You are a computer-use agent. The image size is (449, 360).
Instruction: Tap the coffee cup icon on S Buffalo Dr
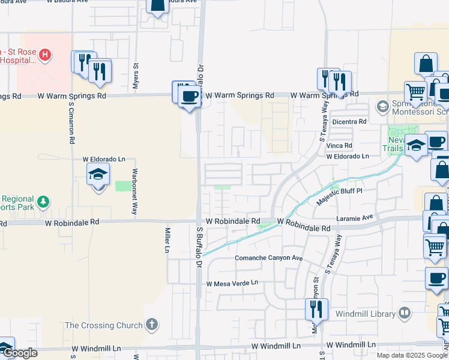coord(190,95)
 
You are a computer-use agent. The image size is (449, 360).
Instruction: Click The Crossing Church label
coord(104,325)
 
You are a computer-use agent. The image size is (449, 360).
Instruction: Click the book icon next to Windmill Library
coord(405,313)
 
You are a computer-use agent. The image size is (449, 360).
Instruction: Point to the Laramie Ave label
coord(355,217)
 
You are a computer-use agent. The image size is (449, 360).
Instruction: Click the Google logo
coord(21,352)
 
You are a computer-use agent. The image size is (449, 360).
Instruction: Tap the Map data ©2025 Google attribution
coord(412,355)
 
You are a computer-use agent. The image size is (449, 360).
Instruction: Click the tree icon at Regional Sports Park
coord(43,200)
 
